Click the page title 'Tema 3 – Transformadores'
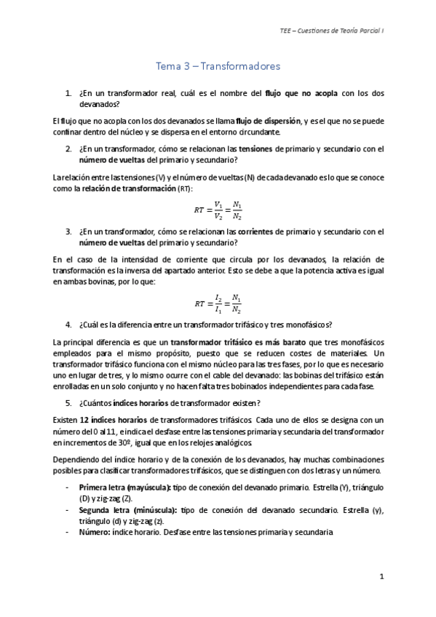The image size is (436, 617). (218, 66)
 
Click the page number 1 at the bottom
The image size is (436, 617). (381, 576)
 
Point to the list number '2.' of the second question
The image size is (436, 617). (68, 149)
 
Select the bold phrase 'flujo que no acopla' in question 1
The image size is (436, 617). (298, 93)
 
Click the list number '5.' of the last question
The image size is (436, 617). (68, 402)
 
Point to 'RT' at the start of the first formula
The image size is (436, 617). (199, 210)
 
